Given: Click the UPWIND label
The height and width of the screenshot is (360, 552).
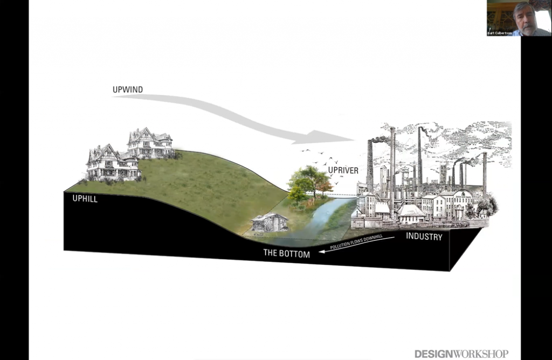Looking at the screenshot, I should tap(128, 89).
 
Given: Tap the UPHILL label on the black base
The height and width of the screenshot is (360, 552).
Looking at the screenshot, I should tap(85, 198).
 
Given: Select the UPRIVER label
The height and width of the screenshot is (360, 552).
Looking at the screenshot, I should tap(343, 171).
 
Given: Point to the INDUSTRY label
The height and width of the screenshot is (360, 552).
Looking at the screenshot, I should tap(424, 237).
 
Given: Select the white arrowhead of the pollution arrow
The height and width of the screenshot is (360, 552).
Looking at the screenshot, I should tap(321, 251).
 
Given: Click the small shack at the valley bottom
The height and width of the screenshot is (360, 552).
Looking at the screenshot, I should tap(269, 222).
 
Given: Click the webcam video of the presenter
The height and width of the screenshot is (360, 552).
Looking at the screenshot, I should tap(519, 18).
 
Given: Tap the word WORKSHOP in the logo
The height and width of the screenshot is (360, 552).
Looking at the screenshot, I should tap(481, 354).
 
